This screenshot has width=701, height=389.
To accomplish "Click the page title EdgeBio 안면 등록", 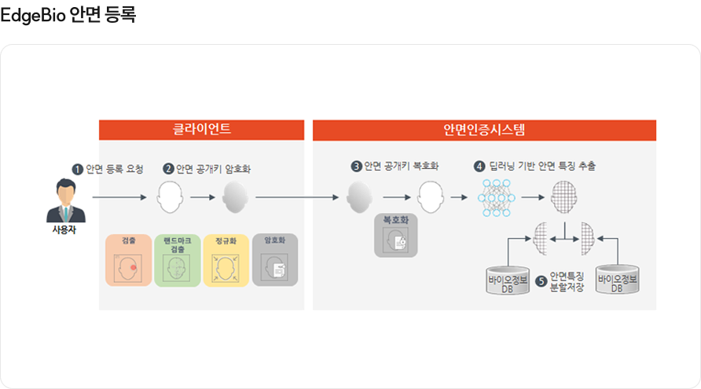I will coord(68,14).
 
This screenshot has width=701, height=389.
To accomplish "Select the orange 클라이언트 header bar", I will coord(202,130).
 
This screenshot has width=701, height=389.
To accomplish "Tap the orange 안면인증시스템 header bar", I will coord(484,130).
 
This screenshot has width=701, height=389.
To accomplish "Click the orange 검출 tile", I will coord(130,259).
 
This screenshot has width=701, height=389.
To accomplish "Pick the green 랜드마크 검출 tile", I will coord(177,259).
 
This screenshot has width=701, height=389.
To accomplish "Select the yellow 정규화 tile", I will coord(226,259).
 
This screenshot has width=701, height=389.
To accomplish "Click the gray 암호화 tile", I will coord(274,259).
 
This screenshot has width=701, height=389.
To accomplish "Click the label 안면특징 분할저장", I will coord(563,281).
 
